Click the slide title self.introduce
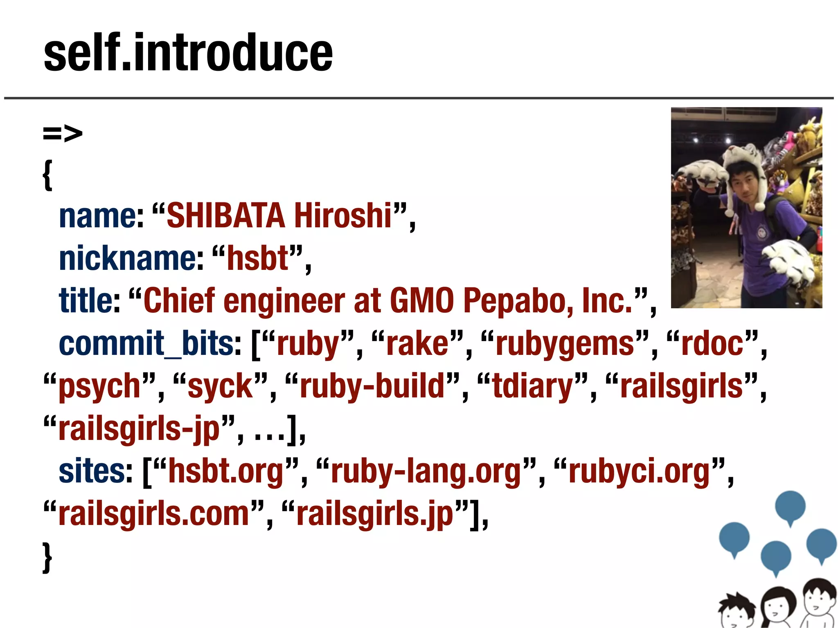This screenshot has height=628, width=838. point(188,53)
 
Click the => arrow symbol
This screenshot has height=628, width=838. point(63,133)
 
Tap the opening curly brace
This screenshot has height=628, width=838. point(48,175)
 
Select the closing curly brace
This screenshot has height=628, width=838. point(48,557)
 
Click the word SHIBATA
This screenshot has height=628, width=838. point(225,215)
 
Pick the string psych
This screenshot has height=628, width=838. point(99,386)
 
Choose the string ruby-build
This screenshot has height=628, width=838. point(372,386)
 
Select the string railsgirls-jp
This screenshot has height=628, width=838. point(139,429)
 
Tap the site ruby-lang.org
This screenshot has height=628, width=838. point(426,472)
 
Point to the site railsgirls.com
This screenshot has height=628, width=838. point(154,514)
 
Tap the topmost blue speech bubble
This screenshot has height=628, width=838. point(790,507)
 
